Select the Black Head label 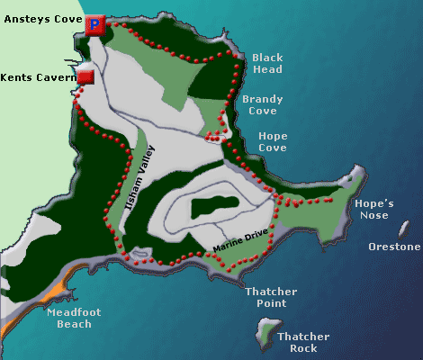(x=267, y=63)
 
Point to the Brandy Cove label (x=262, y=105)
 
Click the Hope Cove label (x=273, y=142)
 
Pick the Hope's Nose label (x=373, y=209)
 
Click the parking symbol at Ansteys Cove (x=95, y=25)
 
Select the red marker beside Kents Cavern (x=86, y=77)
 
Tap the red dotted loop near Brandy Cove (x=215, y=137)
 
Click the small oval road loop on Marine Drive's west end (x=139, y=255)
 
